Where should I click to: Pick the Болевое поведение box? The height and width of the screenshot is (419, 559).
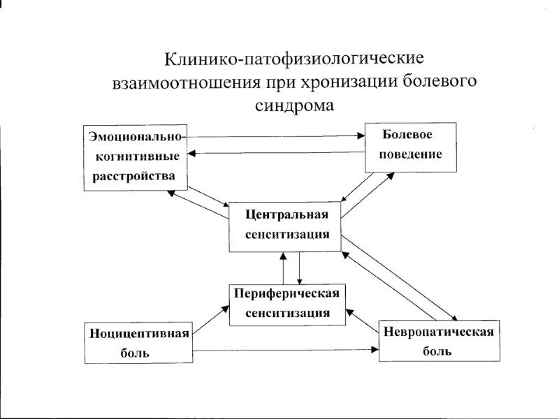(x=411, y=147)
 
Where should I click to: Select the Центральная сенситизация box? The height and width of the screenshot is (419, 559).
(x=286, y=226)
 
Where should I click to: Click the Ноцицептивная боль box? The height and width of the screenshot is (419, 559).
(x=138, y=342)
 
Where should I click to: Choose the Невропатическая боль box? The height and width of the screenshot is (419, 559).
(x=438, y=340)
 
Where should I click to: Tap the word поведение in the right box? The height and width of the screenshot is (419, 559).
(x=411, y=154)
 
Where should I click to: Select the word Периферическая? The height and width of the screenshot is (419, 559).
(x=286, y=293)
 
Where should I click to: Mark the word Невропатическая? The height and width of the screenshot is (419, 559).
(x=439, y=331)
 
